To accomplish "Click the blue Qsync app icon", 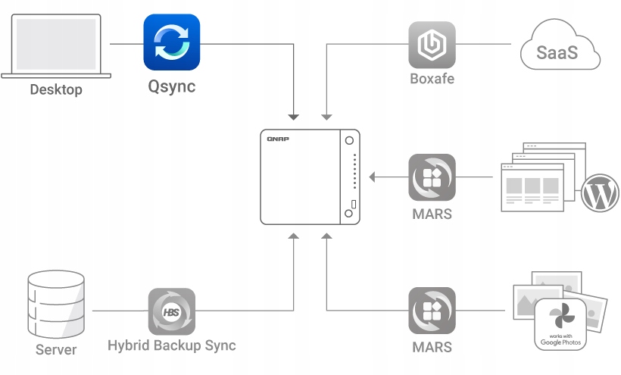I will click(172, 42).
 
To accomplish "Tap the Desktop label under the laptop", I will click(56, 90).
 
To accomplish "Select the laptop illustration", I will click(56, 45).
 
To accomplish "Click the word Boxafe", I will click(432, 78).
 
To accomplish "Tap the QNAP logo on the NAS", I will click(278, 139).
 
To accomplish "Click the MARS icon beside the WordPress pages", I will click(432, 178).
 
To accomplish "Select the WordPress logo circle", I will click(600, 195).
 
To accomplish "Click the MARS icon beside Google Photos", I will click(432, 311).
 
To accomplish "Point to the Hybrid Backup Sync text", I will click(171, 345).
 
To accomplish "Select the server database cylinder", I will click(55, 304).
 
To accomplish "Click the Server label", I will click(56, 350).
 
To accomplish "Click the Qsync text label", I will click(171, 86).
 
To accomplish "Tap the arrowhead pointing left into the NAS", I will click(373, 178).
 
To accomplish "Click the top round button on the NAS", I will click(349, 141).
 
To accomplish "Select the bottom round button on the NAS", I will click(349, 214).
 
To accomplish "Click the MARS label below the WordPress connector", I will click(432, 214).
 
